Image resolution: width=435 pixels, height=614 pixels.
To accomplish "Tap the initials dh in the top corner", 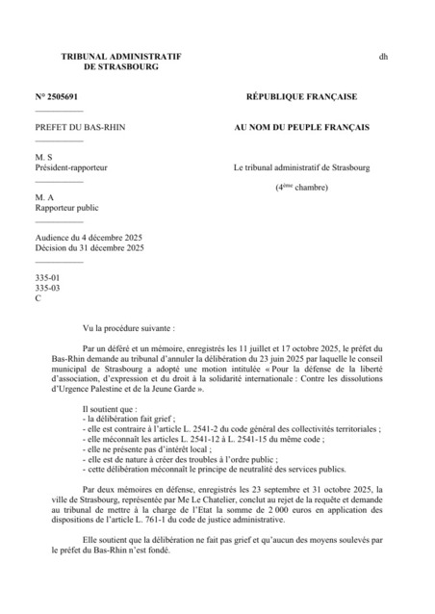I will coord(383,58).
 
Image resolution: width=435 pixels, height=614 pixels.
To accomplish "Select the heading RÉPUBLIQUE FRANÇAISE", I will coord(301,98).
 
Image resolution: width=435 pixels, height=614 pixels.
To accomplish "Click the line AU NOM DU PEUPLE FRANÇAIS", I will coord(301,127).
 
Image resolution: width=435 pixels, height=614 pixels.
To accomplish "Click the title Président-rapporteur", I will coord(70,167).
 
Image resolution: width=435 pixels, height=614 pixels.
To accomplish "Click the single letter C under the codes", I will coord(38,298).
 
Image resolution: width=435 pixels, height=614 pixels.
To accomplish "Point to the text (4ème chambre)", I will coord(301,187).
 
